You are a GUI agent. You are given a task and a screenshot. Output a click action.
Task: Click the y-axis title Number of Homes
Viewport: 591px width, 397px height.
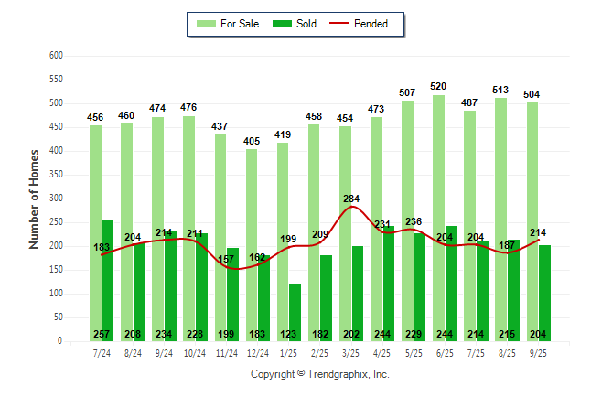(34, 198)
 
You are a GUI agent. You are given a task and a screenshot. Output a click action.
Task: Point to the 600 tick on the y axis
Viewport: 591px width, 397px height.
(56, 56)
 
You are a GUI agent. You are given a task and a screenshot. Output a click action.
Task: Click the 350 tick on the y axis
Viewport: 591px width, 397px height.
(56, 175)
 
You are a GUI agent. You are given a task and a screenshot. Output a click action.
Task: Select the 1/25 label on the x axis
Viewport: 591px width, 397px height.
(289, 352)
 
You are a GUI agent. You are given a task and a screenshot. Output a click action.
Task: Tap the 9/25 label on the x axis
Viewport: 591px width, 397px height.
(538, 352)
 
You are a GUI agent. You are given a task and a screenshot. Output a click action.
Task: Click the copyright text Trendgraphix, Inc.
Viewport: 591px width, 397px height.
(320, 374)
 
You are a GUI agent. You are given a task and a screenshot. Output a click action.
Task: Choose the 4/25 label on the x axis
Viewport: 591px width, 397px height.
(382, 352)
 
